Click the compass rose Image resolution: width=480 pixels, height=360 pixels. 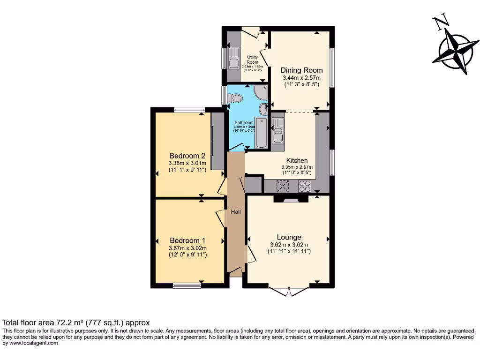[453, 49]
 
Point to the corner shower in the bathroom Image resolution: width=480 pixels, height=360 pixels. [261, 92]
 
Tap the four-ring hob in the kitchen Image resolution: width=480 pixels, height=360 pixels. [305, 187]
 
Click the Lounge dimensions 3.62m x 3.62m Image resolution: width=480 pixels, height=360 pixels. [289, 245]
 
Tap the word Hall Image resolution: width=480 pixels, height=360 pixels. [235, 212]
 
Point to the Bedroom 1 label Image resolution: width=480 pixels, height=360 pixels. [187, 238]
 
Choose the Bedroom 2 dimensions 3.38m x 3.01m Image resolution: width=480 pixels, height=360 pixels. [187, 163]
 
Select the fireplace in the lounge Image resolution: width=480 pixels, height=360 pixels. [291, 199]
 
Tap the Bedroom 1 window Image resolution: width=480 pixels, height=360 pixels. [187, 285]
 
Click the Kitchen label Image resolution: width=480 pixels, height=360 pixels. [297, 160]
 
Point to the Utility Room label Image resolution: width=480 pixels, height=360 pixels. [252, 60]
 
